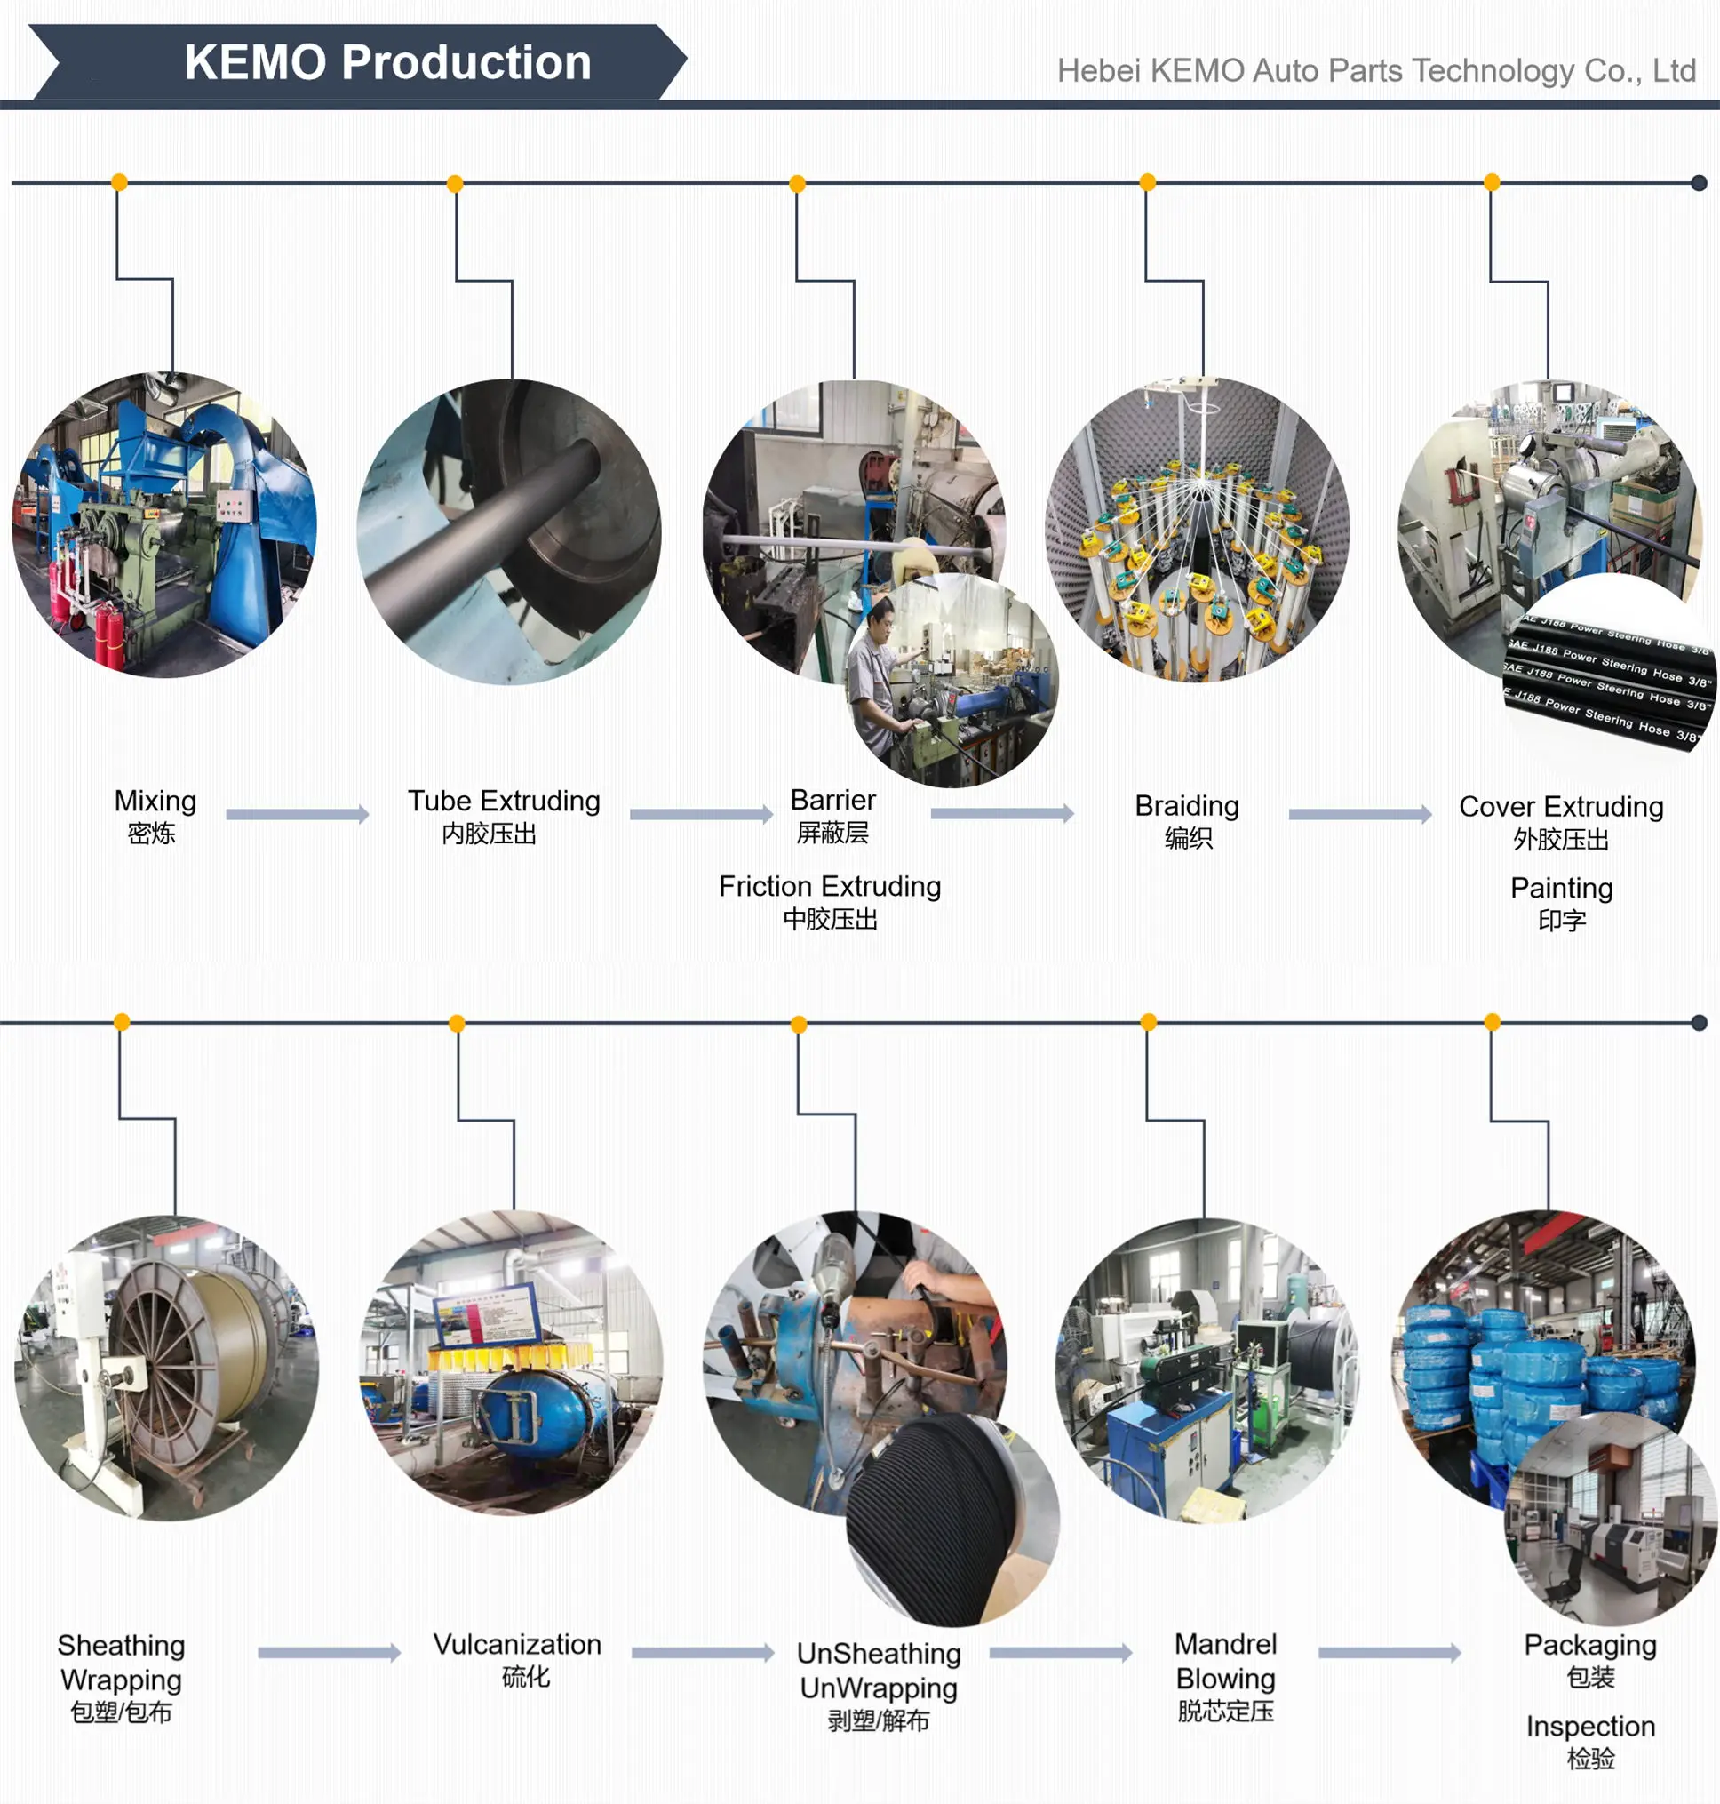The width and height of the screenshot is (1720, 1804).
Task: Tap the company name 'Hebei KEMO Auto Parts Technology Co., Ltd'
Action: coord(1375,70)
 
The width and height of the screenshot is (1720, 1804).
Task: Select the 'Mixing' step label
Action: coord(155,801)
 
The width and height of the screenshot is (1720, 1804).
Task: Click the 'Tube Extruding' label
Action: coord(504,801)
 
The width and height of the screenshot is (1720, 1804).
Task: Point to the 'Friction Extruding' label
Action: coord(829,886)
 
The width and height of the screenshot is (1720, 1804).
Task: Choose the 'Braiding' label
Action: coord(1186,805)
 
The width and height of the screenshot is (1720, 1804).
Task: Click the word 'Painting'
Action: coord(1560,888)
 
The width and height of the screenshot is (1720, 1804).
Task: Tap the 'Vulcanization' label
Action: coord(517,1643)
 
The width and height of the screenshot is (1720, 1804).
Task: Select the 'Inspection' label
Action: coord(1589,1726)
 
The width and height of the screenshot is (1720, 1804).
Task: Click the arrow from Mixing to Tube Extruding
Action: coord(297,813)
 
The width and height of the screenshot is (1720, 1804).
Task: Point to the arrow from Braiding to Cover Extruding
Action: coord(1358,813)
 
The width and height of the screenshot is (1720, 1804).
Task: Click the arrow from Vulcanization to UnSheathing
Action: coord(702,1653)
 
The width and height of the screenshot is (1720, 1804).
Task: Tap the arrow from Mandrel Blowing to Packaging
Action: coord(1389,1653)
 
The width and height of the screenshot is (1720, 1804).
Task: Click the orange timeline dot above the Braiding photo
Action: coord(1147,181)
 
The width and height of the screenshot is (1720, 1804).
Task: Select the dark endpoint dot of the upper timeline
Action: coord(1698,182)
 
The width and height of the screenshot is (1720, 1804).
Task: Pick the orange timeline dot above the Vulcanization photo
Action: coord(457,1024)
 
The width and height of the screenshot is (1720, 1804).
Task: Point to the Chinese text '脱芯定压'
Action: coord(1225,1711)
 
